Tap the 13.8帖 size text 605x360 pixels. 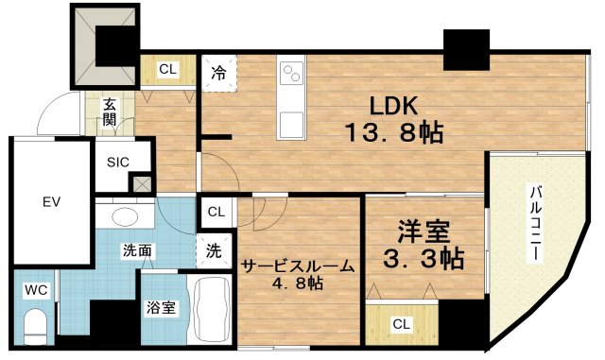tap(388, 133)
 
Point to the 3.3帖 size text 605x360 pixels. tap(422, 257)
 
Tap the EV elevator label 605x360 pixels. tap(50, 201)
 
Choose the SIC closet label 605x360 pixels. tap(118, 162)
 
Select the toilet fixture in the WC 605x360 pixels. tap(35, 326)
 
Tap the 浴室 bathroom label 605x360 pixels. tap(160, 307)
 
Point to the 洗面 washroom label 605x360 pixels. tap(137, 251)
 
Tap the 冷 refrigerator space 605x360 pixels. tap(218, 70)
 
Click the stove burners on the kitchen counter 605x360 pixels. tap(291, 72)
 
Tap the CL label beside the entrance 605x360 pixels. tap(166, 68)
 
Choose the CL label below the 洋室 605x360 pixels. tap(402, 324)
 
